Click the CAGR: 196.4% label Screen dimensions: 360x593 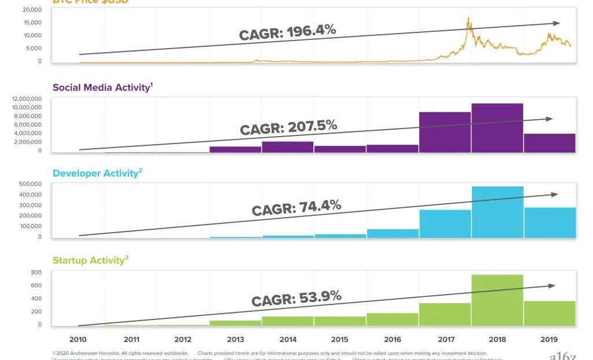click(287, 32)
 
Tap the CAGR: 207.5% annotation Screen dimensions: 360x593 click(288, 127)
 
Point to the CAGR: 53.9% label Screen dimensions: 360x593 click(296, 299)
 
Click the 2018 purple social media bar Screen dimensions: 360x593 click(497, 128)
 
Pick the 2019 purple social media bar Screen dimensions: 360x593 click(550, 143)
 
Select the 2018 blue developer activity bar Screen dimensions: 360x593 click(497, 212)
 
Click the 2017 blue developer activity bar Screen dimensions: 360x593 click(445, 223)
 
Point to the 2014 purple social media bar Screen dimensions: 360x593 click(288, 147)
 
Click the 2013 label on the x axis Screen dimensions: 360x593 click(236, 340)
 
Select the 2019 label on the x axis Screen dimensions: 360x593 click(549, 340)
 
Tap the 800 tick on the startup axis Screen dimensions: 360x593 click(36, 273)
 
